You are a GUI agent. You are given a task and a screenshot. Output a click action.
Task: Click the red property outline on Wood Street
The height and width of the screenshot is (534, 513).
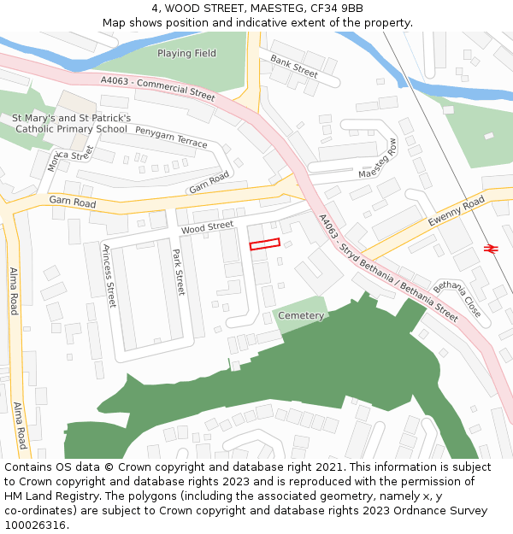pyautogui.click(x=264, y=244)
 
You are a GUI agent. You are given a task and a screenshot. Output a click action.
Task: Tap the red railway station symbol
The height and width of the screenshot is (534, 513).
pyautogui.click(x=491, y=248)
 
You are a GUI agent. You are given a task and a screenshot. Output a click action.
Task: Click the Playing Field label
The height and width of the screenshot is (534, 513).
pyautogui.click(x=186, y=53)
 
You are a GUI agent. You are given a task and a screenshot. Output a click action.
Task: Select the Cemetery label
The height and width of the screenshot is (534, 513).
pyautogui.click(x=301, y=315)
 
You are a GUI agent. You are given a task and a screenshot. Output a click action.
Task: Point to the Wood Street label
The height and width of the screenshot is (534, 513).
pyautogui.click(x=207, y=227)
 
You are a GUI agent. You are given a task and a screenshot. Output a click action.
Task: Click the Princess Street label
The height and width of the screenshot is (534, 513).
pyautogui.click(x=109, y=275)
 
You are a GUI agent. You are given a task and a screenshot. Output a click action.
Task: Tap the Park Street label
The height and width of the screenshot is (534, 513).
pyautogui.click(x=179, y=272)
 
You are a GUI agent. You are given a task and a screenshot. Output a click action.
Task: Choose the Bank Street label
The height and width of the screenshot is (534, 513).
pyautogui.click(x=294, y=67)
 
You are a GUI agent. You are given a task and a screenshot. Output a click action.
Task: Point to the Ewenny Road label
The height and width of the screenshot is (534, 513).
pyautogui.click(x=457, y=210)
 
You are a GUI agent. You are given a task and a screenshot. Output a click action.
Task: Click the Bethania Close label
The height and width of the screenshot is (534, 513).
pyautogui.click(x=457, y=298)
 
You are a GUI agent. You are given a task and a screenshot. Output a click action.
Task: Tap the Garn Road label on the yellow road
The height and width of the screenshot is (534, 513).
pyautogui.click(x=73, y=200)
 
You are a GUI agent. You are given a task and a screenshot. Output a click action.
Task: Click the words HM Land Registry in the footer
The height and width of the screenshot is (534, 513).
pyautogui.click(x=47, y=496)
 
